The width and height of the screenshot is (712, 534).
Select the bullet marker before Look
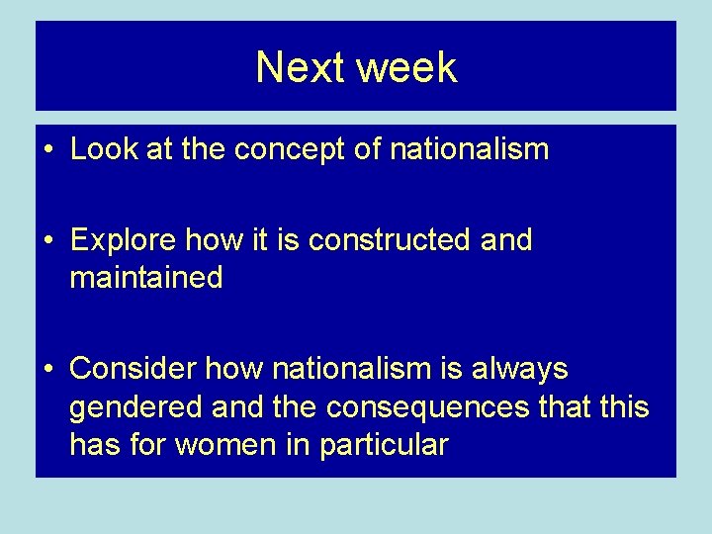(47, 150)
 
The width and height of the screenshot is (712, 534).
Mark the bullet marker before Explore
(47, 240)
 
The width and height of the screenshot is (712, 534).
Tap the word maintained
(146, 279)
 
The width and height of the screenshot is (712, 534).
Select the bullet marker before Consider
(47, 370)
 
